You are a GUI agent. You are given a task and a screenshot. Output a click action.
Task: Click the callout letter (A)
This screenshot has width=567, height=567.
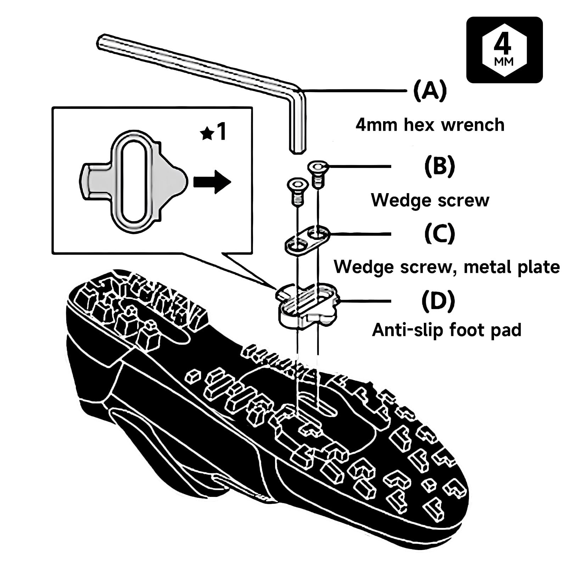pos(430,91)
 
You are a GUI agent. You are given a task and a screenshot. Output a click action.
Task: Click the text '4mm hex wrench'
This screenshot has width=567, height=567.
pos(430,125)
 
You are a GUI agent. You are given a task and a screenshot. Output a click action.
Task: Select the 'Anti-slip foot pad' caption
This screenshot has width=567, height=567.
pos(447,330)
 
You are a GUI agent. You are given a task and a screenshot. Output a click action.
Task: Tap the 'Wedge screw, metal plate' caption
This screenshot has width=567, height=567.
pos(447,266)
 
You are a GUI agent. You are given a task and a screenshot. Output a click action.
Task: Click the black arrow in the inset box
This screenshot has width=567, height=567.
pos(212,182)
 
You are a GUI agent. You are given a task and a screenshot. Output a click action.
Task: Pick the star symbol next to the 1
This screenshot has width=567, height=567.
pos(207,134)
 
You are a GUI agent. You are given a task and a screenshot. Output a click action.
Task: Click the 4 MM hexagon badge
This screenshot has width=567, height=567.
pos(504,50)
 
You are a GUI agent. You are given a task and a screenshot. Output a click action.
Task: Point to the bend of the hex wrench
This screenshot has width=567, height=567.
pos(298,90)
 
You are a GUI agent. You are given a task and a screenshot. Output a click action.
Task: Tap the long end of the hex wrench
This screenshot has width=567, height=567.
pos(101,41)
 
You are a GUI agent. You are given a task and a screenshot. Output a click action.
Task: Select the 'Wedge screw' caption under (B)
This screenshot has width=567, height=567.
pos(430,200)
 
